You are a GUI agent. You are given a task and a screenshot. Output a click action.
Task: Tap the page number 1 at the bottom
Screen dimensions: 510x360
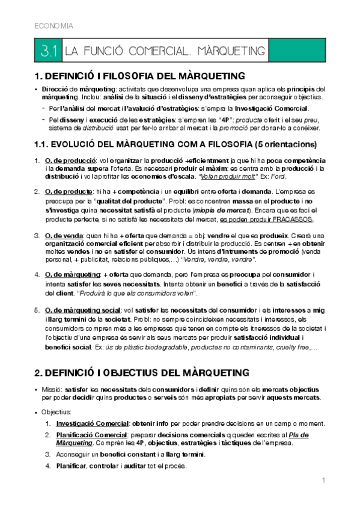tap(323, 480)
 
